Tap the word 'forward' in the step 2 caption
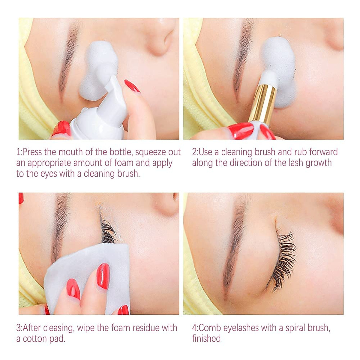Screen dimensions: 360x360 coord(323,152)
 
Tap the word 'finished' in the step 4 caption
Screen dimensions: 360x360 coord(206,339)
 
